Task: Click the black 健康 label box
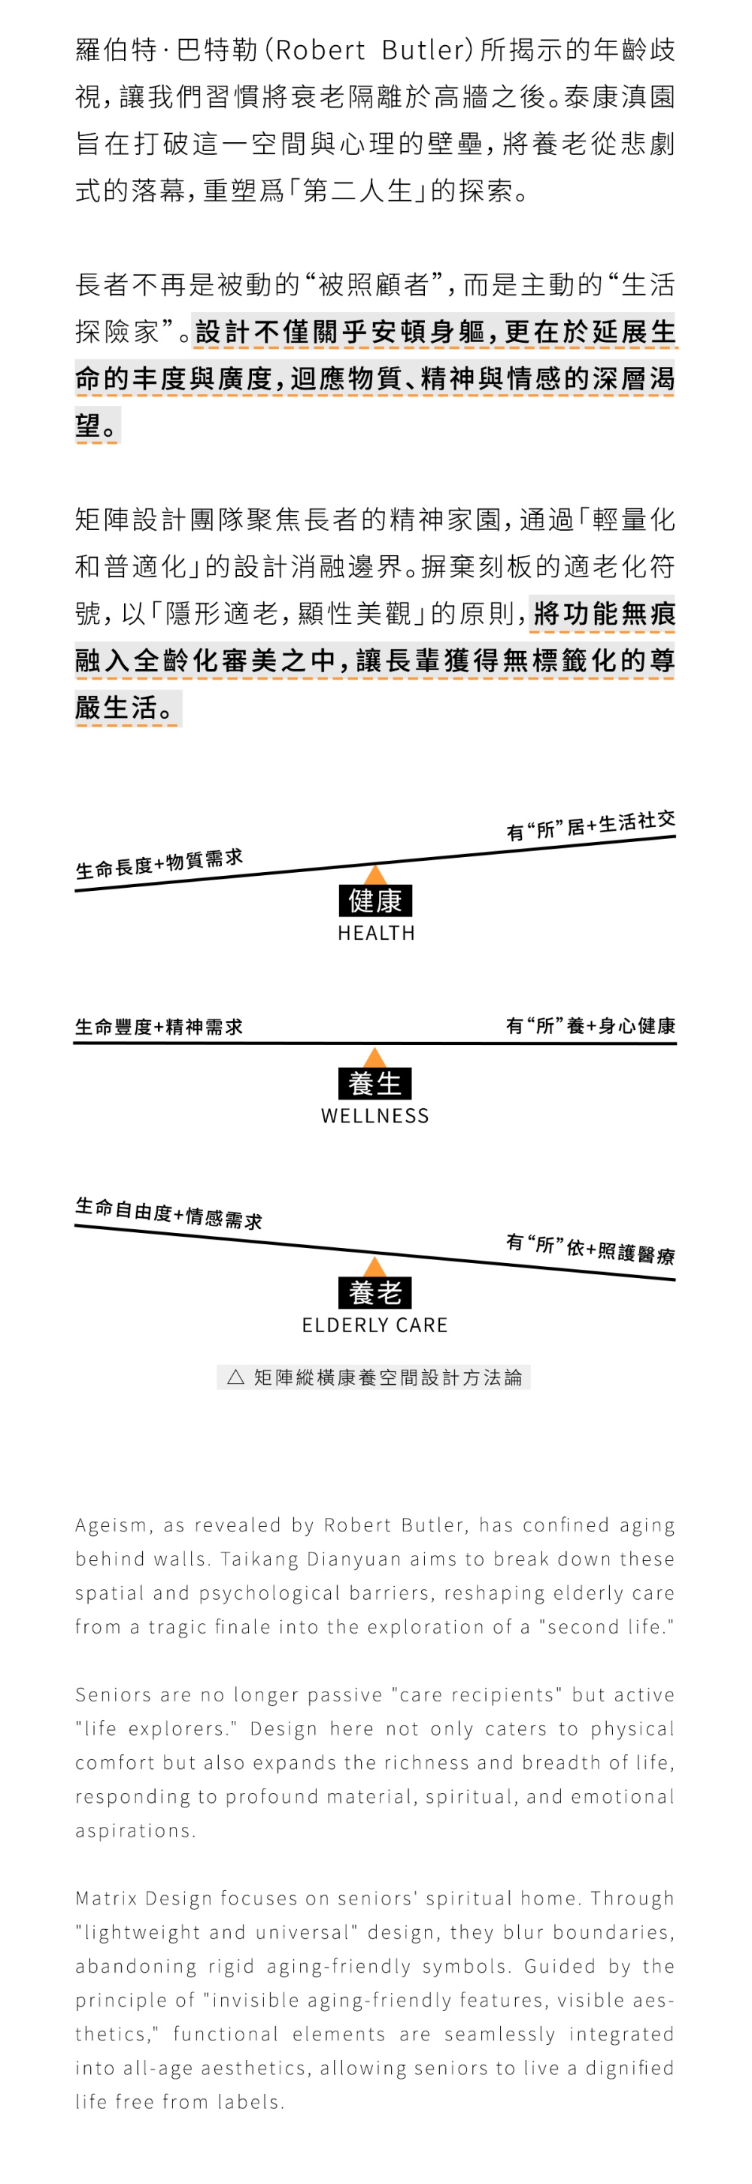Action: (374, 901)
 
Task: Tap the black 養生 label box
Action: (374, 1083)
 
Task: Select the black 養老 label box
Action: (374, 1292)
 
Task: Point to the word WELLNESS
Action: (374, 1115)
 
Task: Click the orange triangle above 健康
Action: (374, 876)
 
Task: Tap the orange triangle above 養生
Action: (374, 1057)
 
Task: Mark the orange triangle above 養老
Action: (374, 1268)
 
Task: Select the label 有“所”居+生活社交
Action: (591, 825)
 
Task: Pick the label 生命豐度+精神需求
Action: (159, 1027)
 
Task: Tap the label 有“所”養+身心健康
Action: (591, 1026)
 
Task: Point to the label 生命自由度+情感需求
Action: (168, 1213)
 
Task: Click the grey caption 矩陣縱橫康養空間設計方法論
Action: (387, 1377)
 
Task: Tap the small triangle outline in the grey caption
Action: (235, 1377)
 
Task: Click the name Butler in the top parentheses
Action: (422, 51)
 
